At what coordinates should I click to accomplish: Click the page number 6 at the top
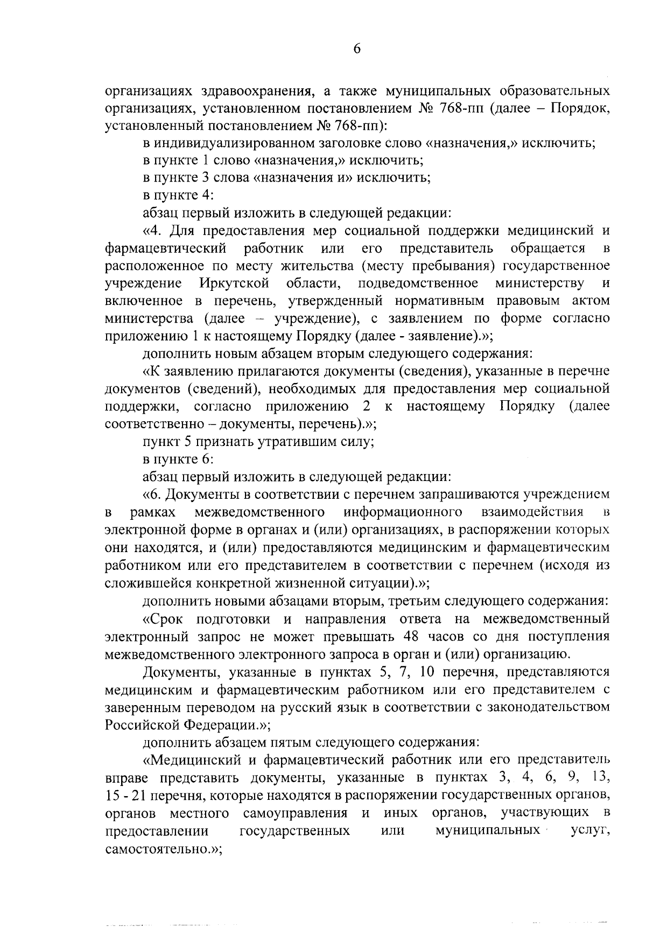point(356,50)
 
